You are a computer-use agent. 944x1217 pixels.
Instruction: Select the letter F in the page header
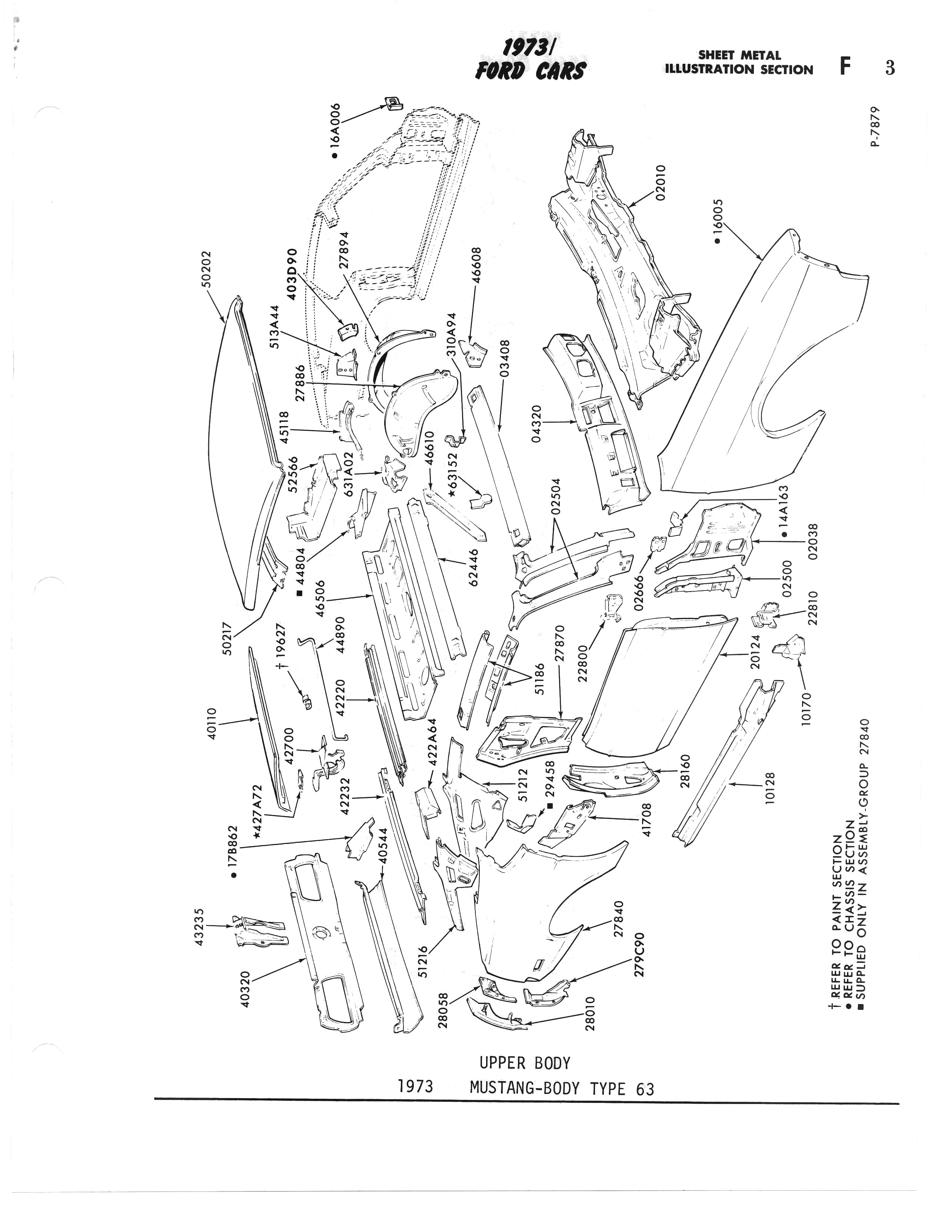tap(846, 67)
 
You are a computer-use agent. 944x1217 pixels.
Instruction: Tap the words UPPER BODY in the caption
tap(525, 1063)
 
